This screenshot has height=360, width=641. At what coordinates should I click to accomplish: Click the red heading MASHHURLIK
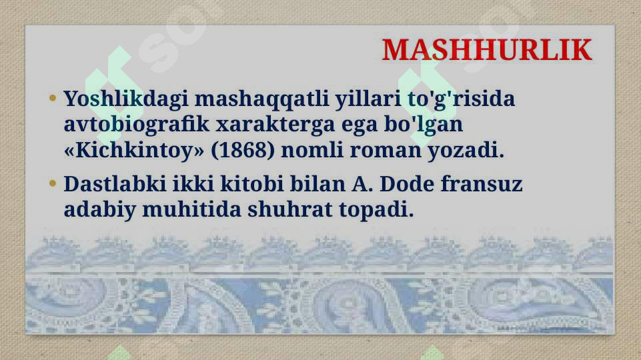[486, 50]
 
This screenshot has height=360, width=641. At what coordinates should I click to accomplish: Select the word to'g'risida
[461, 100]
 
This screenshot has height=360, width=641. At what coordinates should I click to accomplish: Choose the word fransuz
[484, 184]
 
